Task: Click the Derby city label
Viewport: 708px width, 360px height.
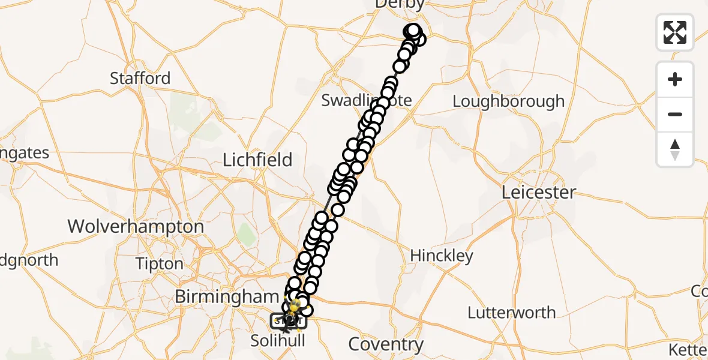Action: click(399, 4)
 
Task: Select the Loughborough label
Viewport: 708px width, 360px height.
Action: click(508, 101)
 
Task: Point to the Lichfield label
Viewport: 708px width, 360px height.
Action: click(257, 160)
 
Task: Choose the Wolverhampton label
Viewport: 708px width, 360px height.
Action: click(136, 227)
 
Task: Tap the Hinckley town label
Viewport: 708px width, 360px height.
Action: click(441, 256)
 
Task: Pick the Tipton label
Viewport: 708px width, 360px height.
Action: click(159, 264)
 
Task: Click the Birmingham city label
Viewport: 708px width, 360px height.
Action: click(226, 296)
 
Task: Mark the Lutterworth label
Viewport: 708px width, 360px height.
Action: click(511, 313)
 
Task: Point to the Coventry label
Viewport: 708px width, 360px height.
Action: click(386, 344)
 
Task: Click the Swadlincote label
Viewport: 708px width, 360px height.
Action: click(366, 100)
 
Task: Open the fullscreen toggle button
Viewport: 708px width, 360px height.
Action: click(675, 32)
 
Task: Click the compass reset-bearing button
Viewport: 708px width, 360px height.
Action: click(675, 149)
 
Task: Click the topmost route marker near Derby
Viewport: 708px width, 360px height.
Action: click(413, 30)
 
